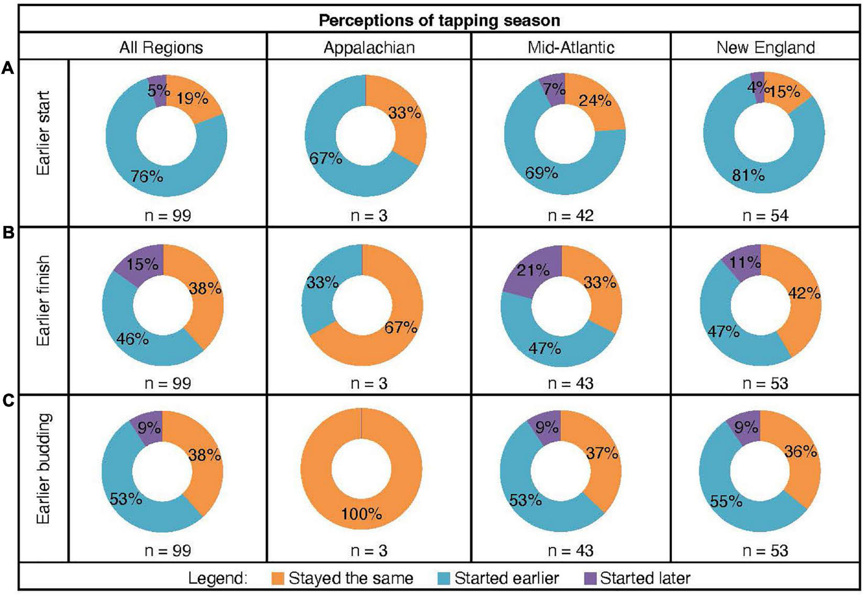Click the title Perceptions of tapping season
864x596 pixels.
439,20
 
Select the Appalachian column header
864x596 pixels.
369,48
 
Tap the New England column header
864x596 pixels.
766,48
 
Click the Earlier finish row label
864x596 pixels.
44,300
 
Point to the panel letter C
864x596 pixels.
8,401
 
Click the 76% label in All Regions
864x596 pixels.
147,177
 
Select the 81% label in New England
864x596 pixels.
748,176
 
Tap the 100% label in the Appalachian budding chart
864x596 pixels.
361,514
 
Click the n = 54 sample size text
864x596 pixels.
765,215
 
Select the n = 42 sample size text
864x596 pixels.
570,215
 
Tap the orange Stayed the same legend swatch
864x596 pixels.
279,578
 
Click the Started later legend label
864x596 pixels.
645,578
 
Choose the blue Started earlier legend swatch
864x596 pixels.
444,578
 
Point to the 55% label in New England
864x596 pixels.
726,502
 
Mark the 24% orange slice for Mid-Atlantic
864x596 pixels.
595,100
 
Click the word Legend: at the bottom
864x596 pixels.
217,579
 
